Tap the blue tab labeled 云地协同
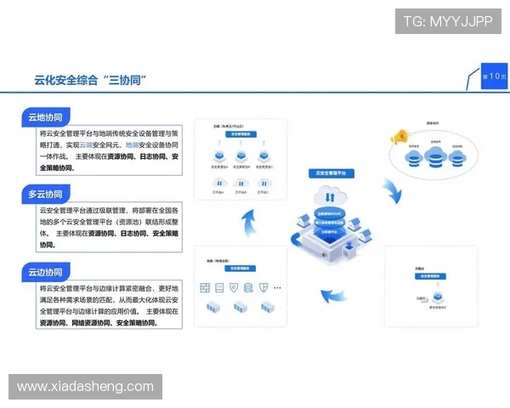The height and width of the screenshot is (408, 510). click(45, 117)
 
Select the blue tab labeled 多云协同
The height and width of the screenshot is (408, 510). click(45, 194)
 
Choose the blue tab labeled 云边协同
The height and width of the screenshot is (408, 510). click(45, 271)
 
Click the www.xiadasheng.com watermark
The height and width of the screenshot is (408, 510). click(85, 387)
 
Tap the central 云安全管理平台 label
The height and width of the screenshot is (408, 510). click(336, 173)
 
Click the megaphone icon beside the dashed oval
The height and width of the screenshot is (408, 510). click(399, 136)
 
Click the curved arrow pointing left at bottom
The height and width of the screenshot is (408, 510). click(335, 298)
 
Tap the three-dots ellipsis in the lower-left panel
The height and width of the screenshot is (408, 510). click(276, 288)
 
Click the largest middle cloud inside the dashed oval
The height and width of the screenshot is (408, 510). click(438, 156)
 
